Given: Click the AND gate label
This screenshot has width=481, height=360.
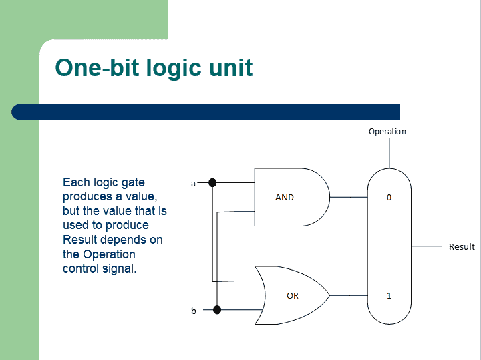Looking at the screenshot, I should (285, 198).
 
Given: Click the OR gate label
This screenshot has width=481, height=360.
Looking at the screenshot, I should (293, 295).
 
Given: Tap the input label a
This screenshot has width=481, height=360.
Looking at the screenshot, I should (194, 183).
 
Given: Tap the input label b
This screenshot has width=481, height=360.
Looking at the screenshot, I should (194, 311).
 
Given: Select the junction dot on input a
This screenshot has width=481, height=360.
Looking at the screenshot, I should (212, 182).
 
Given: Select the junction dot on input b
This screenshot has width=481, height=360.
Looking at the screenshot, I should (216, 309).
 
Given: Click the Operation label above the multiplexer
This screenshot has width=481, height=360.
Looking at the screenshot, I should (387, 132).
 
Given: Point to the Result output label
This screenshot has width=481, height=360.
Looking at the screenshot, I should (462, 247).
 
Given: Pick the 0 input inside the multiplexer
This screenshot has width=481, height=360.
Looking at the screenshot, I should (389, 198).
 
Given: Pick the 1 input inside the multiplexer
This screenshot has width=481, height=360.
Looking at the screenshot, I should (389, 295).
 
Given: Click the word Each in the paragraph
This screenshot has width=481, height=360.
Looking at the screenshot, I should (75, 182).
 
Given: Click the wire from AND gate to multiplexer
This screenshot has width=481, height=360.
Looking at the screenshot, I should (349, 198).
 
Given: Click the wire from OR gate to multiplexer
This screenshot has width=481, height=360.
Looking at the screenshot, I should (349, 295).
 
